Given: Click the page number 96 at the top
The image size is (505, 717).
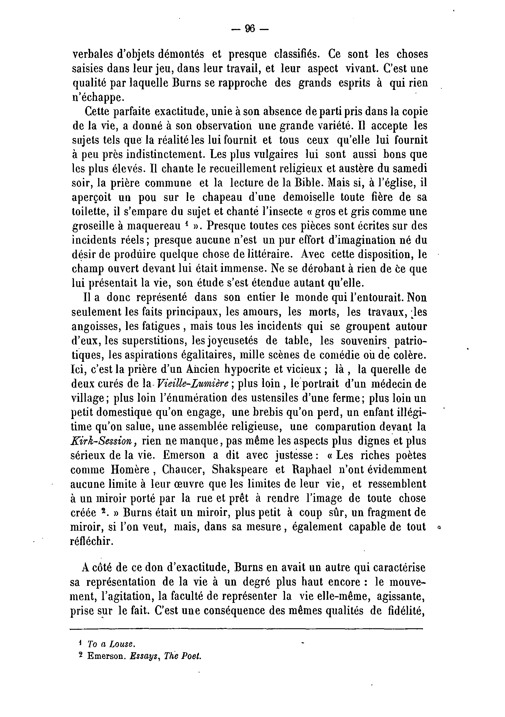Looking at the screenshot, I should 250,29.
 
